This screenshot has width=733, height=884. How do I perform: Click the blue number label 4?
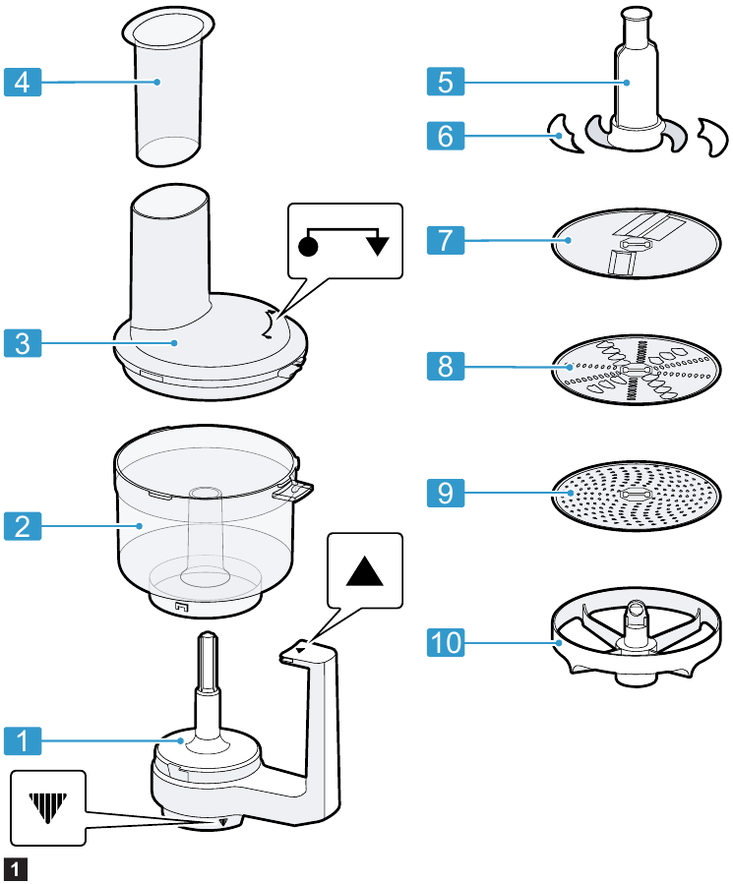(x=23, y=82)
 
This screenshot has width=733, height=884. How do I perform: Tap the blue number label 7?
(x=447, y=240)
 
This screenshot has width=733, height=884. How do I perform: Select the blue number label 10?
(x=447, y=643)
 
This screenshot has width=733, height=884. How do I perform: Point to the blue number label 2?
(x=23, y=526)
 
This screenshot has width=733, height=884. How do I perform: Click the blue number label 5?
(x=447, y=82)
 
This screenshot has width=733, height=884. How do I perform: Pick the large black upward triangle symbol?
(x=366, y=570)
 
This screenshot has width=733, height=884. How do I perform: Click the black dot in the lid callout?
(x=308, y=245)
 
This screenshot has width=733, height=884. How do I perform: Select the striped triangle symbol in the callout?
(x=47, y=806)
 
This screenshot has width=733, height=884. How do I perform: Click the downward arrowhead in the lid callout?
(x=377, y=245)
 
